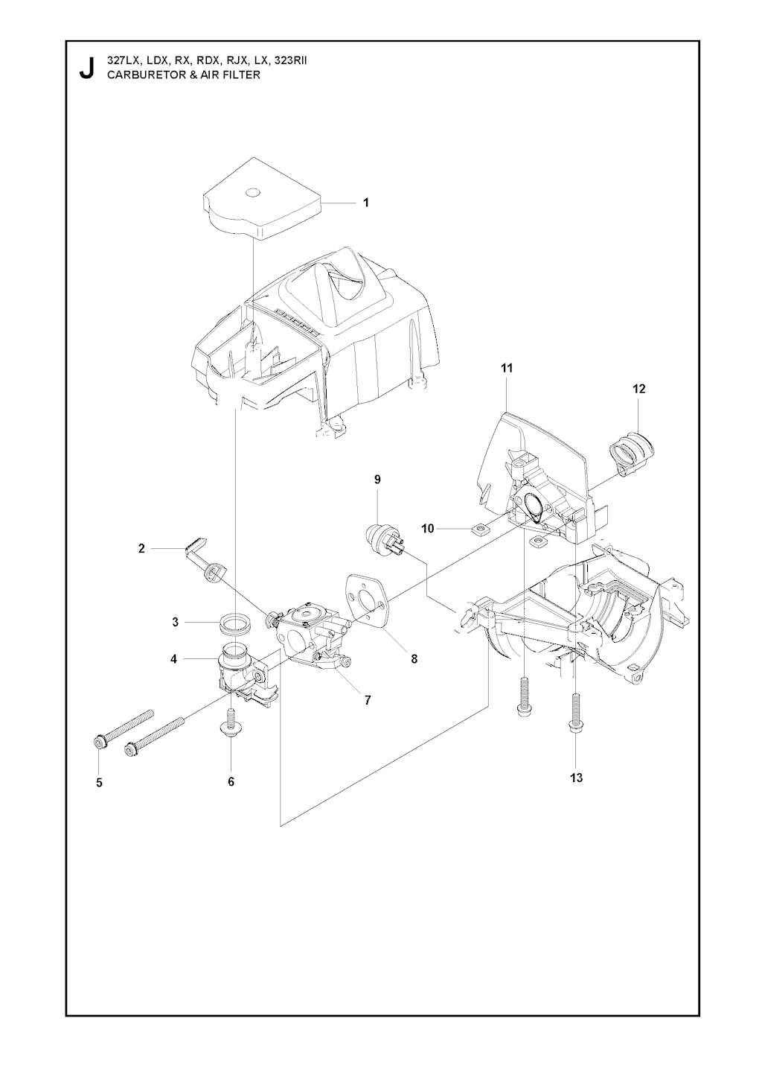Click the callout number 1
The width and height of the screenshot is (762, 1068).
365,203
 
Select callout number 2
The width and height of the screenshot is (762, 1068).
141,549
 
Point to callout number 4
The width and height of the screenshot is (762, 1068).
173,659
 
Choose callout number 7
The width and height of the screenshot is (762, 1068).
368,700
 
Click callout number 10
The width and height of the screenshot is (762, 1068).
428,528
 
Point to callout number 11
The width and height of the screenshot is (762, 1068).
507,368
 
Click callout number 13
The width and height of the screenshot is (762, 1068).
577,778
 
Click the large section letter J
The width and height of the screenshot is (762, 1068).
87,69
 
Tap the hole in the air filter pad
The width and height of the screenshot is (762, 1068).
257,192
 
